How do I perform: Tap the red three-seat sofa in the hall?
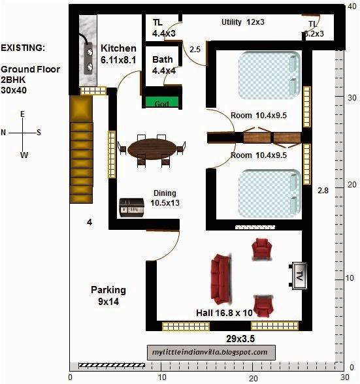[221, 280]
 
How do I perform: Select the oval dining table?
[152, 149]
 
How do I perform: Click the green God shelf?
[162, 102]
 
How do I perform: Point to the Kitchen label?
[118, 48]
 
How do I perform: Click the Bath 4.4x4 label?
[164, 65]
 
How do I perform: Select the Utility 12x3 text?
[243, 22]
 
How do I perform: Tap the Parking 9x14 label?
[108, 296]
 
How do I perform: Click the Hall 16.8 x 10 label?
[224, 313]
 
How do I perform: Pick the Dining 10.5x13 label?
[165, 198]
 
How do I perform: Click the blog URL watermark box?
[211, 353]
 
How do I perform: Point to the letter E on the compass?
[23, 114]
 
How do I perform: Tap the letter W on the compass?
[24, 155]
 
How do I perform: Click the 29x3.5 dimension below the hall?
[240, 339]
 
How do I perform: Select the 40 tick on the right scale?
[352, 7]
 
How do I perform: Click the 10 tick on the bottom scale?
[162, 377]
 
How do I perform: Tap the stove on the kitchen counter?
[88, 59]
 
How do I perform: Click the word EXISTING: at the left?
[23, 48]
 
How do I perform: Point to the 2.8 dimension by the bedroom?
[323, 190]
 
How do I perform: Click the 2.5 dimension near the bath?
[195, 50]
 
